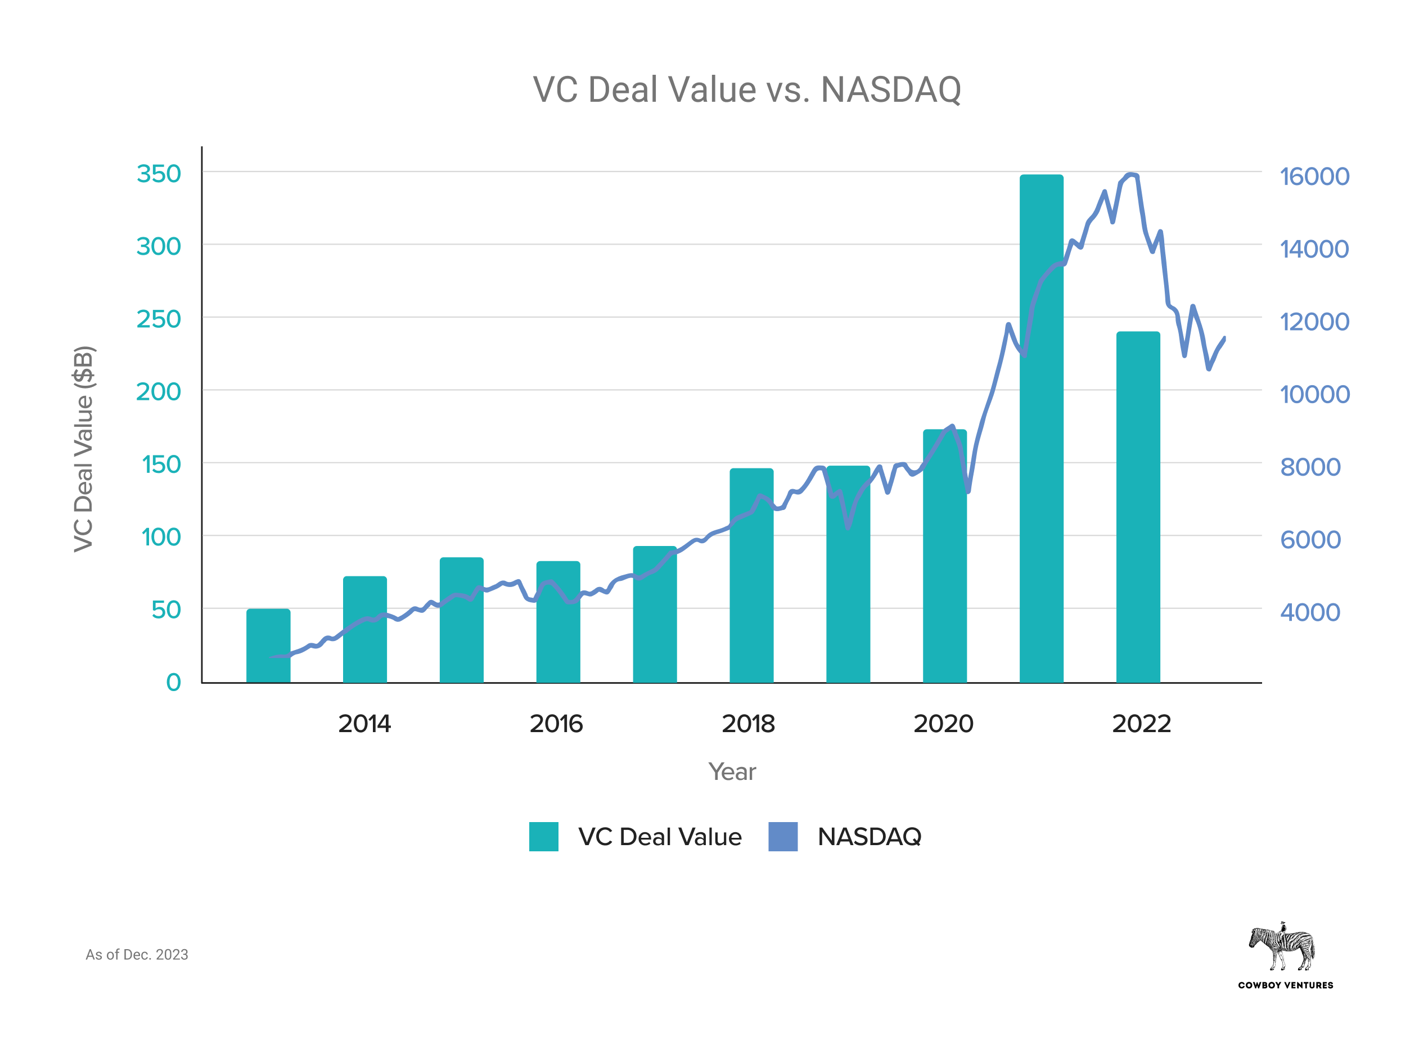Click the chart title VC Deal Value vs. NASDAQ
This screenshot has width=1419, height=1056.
[746, 89]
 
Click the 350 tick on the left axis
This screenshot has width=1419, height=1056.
[159, 174]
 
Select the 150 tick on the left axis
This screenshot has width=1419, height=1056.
[161, 464]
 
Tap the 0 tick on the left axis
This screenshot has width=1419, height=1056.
[173, 682]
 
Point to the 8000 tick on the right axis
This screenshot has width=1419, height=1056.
[1310, 467]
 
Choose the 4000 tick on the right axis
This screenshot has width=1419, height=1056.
[1310, 612]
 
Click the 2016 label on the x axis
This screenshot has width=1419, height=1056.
[556, 724]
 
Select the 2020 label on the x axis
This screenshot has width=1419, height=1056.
[943, 724]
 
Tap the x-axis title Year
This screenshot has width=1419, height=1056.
[731, 771]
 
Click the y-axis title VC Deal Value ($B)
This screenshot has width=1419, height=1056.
[84, 449]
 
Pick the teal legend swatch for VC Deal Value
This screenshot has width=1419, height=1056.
[543, 836]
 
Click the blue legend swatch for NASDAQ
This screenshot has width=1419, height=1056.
[782, 836]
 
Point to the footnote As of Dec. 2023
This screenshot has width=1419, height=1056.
[137, 954]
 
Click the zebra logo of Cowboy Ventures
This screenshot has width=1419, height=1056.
[1282, 947]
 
